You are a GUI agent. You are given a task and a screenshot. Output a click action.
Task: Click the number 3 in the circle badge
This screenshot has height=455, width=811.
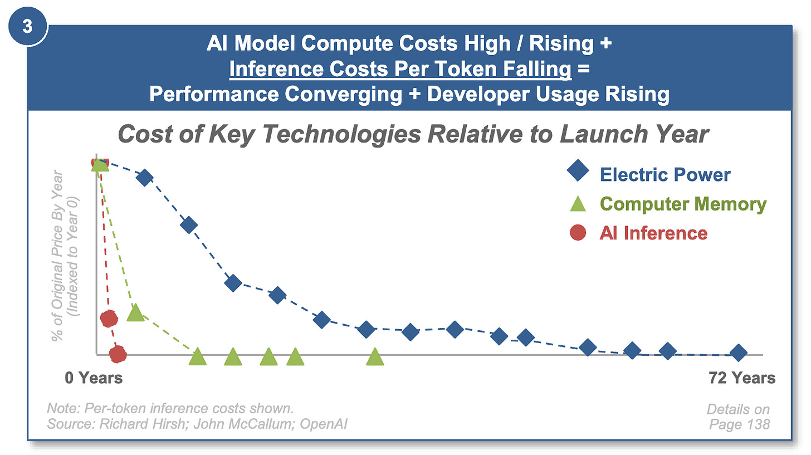pyautogui.click(x=27, y=26)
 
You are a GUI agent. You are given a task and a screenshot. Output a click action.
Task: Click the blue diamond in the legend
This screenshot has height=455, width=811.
pyautogui.click(x=578, y=170)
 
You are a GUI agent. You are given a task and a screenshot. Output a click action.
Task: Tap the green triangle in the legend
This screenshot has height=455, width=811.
pyautogui.click(x=578, y=203)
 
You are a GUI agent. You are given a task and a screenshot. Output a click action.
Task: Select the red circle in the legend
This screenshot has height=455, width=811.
pyautogui.click(x=578, y=232)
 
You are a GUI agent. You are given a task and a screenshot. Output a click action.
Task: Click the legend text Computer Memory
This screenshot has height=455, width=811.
pyautogui.click(x=683, y=204)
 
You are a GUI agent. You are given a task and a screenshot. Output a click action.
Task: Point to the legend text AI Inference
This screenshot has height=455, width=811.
pyautogui.click(x=653, y=233)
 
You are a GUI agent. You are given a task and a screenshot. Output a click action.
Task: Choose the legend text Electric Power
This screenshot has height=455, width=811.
pyautogui.click(x=665, y=175)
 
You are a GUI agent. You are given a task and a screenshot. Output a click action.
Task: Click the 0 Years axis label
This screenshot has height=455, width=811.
pyautogui.click(x=94, y=378)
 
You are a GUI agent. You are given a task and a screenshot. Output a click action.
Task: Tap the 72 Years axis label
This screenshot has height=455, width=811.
pyautogui.click(x=742, y=378)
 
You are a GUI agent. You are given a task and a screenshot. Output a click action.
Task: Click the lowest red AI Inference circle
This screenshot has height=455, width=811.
pyautogui.click(x=118, y=354)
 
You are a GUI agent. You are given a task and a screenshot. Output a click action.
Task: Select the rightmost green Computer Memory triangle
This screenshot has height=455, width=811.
pyautogui.click(x=375, y=357)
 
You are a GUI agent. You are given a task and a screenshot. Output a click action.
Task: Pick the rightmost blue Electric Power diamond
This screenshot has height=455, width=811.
pyautogui.click(x=739, y=353)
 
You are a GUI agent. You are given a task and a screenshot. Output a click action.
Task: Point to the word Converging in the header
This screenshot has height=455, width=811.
pyautogui.click(x=343, y=94)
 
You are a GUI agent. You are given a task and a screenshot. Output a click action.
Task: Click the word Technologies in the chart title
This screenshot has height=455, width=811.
pyautogui.click(x=342, y=134)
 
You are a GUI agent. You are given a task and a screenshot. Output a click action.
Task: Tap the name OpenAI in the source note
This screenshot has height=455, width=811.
pyautogui.click(x=323, y=424)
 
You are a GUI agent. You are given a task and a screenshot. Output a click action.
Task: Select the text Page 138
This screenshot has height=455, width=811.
pyautogui.click(x=739, y=424)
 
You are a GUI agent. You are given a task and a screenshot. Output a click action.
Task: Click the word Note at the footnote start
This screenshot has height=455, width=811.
pyautogui.click(x=63, y=408)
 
